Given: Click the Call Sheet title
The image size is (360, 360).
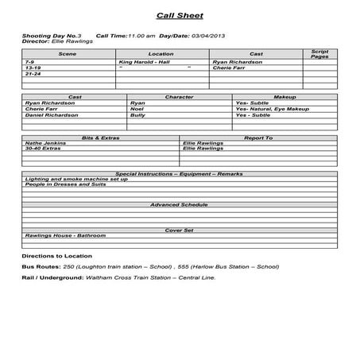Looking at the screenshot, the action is (x=180, y=15).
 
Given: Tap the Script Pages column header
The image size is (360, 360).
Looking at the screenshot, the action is (x=319, y=54).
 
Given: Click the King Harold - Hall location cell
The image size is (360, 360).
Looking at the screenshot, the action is (x=145, y=62).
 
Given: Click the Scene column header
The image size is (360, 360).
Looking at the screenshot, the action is (x=68, y=54).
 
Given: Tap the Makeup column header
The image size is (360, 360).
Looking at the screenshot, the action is (x=284, y=97).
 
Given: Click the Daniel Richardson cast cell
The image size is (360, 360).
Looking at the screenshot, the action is (x=52, y=115).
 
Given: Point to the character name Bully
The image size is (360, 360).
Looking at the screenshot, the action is (x=138, y=115).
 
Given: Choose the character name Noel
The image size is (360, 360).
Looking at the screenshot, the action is (x=137, y=109).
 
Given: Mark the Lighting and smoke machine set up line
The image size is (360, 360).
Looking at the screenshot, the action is (x=75, y=179).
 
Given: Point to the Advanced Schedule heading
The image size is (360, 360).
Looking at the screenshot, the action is (x=180, y=205).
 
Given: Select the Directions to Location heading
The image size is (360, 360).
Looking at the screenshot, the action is (x=57, y=257).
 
